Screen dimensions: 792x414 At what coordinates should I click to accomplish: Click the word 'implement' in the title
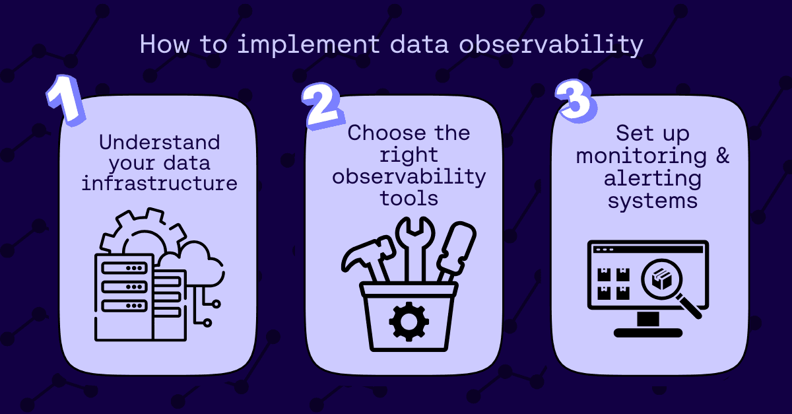308,45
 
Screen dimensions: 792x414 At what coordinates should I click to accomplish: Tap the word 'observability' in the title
551,45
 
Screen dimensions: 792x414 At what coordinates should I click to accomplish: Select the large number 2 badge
323,106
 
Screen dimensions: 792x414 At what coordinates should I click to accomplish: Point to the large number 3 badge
576,101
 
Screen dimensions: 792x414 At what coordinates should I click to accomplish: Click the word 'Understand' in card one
160,142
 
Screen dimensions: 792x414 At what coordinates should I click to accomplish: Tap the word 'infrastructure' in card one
159,184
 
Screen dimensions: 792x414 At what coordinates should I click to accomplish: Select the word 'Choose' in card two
387,133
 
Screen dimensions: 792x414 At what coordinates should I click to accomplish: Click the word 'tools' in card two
409,198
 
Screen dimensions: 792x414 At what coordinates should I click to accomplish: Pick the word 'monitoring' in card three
642,156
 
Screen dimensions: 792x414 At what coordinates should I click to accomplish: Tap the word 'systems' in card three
653,201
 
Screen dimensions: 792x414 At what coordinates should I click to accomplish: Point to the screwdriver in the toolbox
457,251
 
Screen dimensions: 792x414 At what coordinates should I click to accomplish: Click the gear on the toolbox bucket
409,322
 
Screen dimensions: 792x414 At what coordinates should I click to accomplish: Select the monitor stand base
648,333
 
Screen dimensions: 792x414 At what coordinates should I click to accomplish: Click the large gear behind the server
143,230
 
